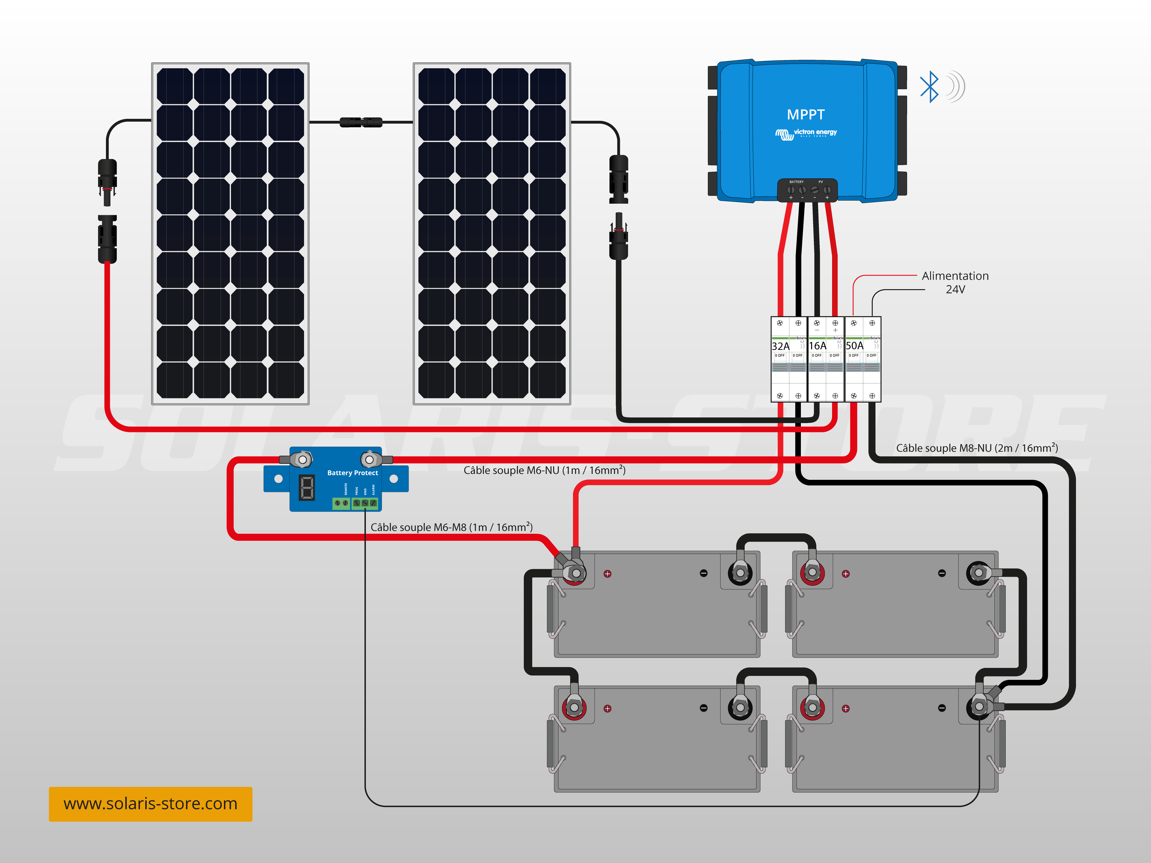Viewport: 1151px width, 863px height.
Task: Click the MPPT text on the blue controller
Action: pyautogui.click(x=805, y=114)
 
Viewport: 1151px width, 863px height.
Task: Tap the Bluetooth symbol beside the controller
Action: pyautogui.click(x=929, y=87)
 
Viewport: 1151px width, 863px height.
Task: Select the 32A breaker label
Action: pyautogui.click(x=781, y=346)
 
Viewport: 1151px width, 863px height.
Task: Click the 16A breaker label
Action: pyautogui.click(x=817, y=346)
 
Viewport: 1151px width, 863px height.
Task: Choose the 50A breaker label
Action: pyautogui.click(x=855, y=346)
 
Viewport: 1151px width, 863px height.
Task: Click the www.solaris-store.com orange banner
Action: pyautogui.click(x=150, y=804)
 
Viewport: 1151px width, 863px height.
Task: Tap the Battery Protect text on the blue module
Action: pyautogui.click(x=352, y=473)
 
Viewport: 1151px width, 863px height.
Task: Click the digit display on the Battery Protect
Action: pyautogui.click(x=307, y=487)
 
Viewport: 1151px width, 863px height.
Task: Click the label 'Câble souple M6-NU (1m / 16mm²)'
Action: pyautogui.click(x=544, y=470)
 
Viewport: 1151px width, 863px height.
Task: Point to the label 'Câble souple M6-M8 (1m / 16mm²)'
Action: pyautogui.click(x=451, y=527)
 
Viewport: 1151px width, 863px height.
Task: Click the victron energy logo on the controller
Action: pyautogui.click(x=806, y=133)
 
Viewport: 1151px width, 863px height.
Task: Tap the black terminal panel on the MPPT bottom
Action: pyautogui.click(x=807, y=190)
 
